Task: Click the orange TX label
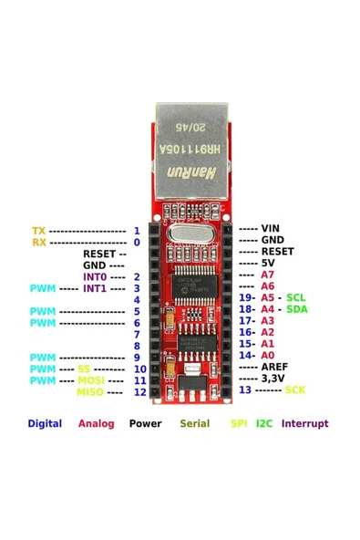pyautogui.click(x=38, y=231)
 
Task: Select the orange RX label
pyautogui.click(x=38, y=243)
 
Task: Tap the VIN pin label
pyautogui.click(x=271, y=228)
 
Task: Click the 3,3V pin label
pyautogui.click(x=274, y=378)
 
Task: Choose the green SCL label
pyautogui.click(x=296, y=297)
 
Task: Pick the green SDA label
pyautogui.click(x=297, y=309)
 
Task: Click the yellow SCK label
pyautogui.click(x=295, y=389)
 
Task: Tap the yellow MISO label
pyautogui.click(x=89, y=392)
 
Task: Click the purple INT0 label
pyautogui.click(x=95, y=276)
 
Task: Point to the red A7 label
pyautogui.click(x=267, y=275)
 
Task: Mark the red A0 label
pyautogui.click(x=267, y=355)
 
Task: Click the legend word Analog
pyautogui.click(x=96, y=423)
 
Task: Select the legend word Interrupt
pyautogui.click(x=305, y=423)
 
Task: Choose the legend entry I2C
pyautogui.click(x=264, y=423)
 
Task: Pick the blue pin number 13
pyautogui.click(x=245, y=389)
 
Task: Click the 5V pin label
pyautogui.click(x=267, y=263)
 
